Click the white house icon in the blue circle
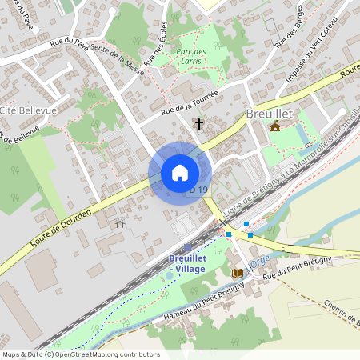[180, 173]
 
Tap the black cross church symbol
[198, 124]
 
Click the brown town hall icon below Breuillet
[275, 127]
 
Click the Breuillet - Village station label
[187, 263]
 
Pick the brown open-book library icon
[237, 274]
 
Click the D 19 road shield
[199, 190]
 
